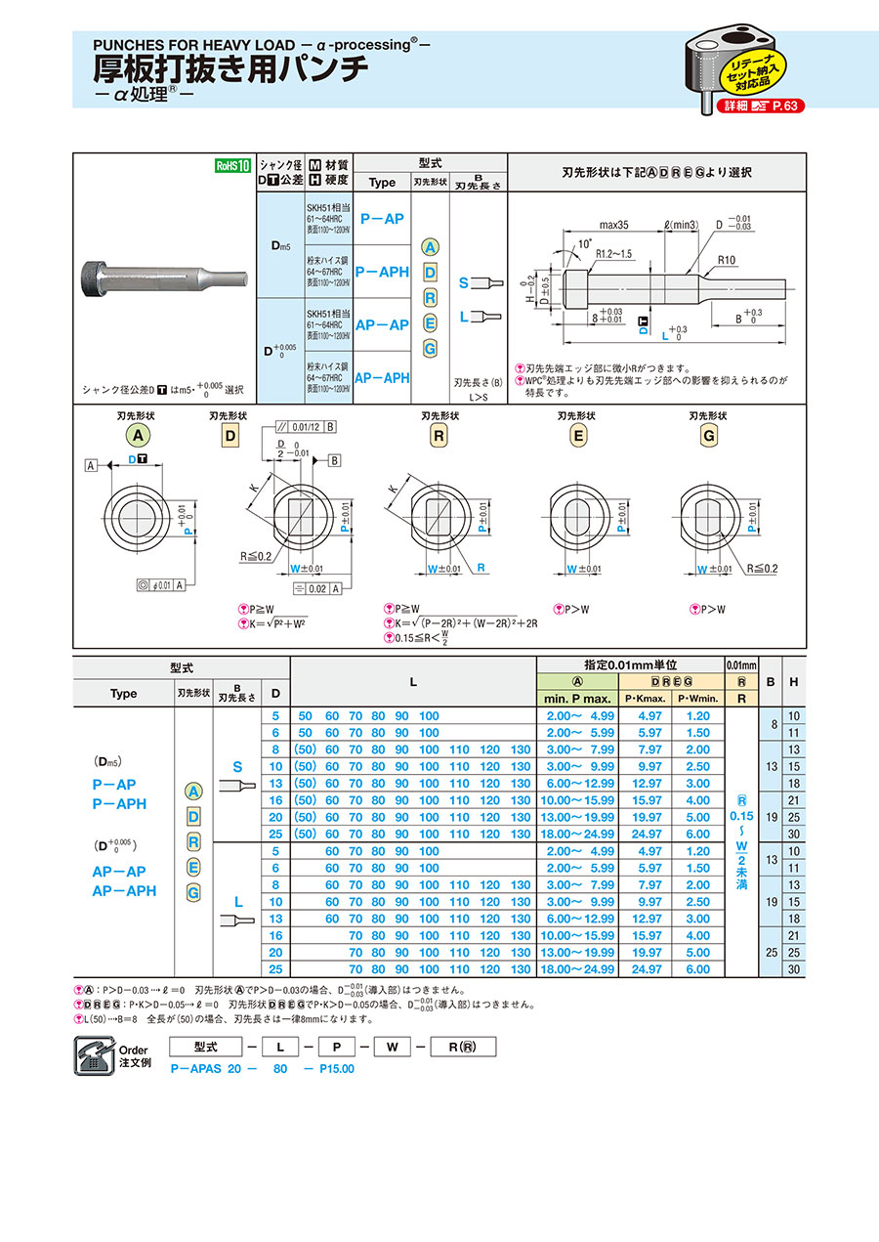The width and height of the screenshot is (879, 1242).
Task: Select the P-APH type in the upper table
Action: pyautogui.click(x=381, y=272)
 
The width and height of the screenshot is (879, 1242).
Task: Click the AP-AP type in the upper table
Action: pyautogui.click(x=381, y=324)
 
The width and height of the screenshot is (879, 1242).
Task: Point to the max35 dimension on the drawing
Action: pyautogui.click(x=613, y=226)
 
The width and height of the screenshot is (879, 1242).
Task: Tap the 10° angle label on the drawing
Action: pyautogui.click(x=584, y=241)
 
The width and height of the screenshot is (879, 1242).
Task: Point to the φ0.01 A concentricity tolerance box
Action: pyautogui.click(x=164, y=585)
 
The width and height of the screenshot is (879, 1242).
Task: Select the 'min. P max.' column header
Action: pyautogui.click(x=577, y=698)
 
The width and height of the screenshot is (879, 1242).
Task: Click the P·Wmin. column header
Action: pyautogui.click(x=697, y=698)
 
